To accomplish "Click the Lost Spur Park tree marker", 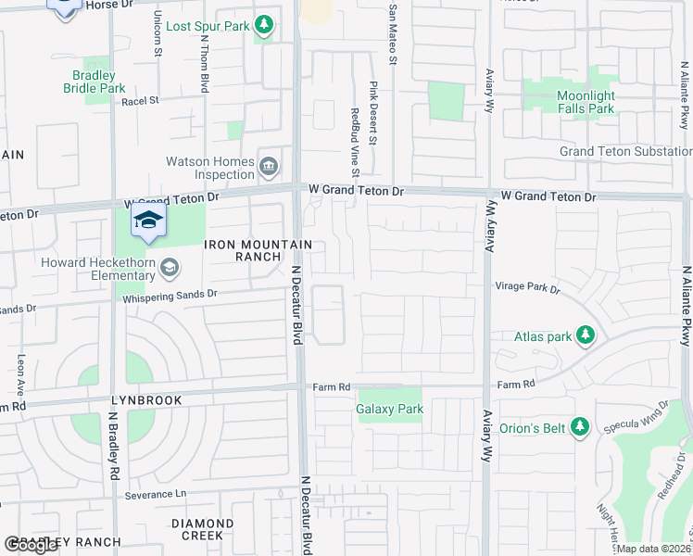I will [265, 25].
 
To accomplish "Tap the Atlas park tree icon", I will [585, 335].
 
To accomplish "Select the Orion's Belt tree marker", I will [580, 427].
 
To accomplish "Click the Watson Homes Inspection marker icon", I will [269, 167].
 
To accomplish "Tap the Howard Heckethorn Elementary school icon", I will [169, 269].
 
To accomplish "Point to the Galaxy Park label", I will [389, 408].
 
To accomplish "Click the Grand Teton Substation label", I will [620, 151].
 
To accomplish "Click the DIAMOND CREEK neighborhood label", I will [196, 529].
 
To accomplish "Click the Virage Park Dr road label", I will [527, 287].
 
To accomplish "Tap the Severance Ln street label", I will [156, 496].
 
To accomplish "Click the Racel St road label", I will [141, 100].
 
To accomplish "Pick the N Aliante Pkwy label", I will [687, 306].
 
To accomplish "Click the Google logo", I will [31, 545].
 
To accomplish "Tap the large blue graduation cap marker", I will [146, 221].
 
